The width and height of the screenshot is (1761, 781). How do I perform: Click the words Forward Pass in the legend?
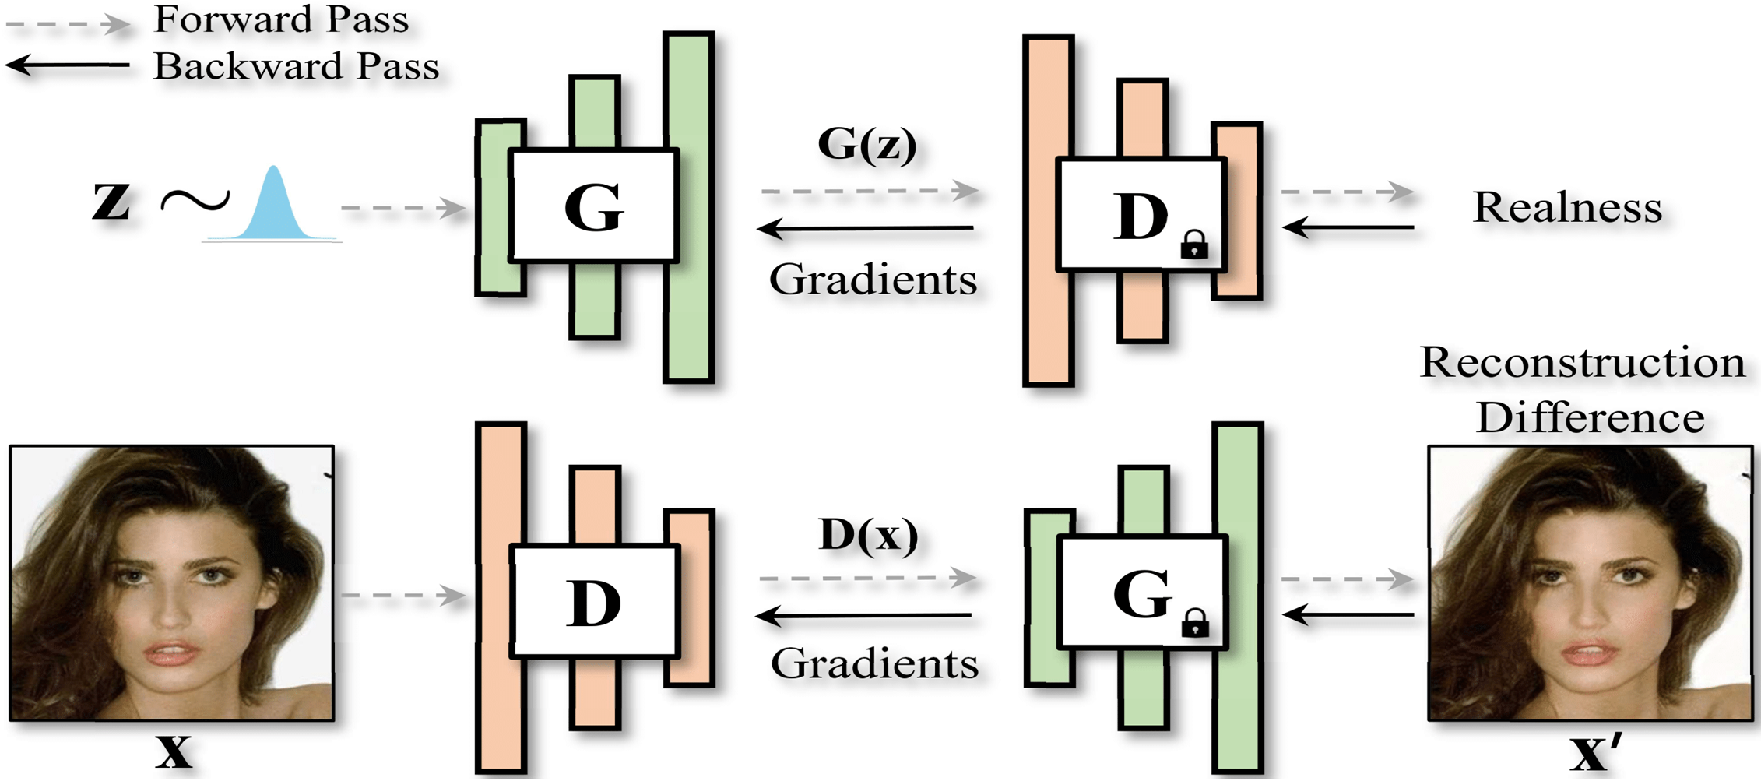(x=281, y=19)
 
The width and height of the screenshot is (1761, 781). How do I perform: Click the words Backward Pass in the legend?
(x=296, y=66)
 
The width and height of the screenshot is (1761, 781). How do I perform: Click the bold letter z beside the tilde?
(x=111, y=200)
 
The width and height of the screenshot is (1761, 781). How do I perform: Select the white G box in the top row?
(x=594, y=206)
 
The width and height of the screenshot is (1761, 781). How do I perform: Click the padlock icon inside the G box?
(x=1195, y=623)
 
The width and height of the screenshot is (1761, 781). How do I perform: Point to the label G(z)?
(x=867, y=144)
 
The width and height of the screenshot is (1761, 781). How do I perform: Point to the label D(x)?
(x=868, y=536)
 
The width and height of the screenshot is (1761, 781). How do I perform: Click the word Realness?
(x=1567, y=207)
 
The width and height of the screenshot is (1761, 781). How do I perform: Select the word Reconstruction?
(x=1582, y=362)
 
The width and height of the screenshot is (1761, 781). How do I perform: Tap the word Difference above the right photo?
(x=1590, y=418)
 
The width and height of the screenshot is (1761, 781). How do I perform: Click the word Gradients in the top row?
(x=873, y=280)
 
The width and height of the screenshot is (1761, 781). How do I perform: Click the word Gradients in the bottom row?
(x=874, y=663)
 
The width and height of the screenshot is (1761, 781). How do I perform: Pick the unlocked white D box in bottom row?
(x=594, y=601)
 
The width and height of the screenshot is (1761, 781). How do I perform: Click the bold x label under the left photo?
(x=173, y=751)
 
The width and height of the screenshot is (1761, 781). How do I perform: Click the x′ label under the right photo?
(x=1594, y=752)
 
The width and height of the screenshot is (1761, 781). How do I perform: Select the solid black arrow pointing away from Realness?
(x=1347, y=227)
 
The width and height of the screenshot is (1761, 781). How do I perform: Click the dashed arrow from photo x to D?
(x=402, y=596)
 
